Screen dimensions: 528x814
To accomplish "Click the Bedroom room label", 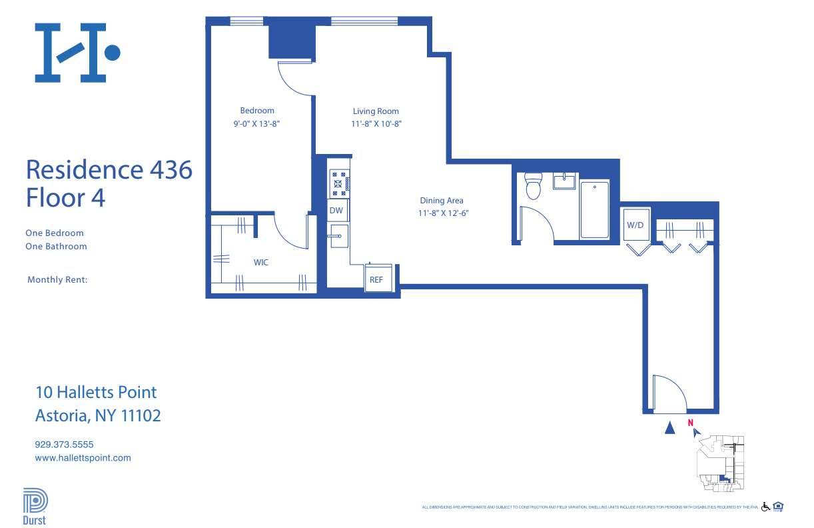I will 257,111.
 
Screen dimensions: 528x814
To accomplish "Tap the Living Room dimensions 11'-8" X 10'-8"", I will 376,124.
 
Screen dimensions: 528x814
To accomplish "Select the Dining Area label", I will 441,201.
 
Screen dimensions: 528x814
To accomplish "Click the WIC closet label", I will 261,263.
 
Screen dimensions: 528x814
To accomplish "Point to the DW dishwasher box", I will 336,211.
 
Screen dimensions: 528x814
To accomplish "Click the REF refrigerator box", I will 376,280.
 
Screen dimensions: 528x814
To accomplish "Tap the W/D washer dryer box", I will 635,225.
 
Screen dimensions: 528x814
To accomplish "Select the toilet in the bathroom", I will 533,186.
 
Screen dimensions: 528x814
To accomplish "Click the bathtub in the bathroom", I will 594,209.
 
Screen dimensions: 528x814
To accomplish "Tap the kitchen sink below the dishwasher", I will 338,235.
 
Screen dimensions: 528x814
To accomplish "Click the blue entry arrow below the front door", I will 670,428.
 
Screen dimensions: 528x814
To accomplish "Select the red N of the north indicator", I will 691,422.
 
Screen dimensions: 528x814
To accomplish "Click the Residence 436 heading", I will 109,170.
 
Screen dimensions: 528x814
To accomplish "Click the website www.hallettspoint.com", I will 83,458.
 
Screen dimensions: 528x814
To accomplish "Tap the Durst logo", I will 35,507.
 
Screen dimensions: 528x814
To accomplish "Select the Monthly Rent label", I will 57,280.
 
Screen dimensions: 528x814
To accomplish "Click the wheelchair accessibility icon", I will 765,507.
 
